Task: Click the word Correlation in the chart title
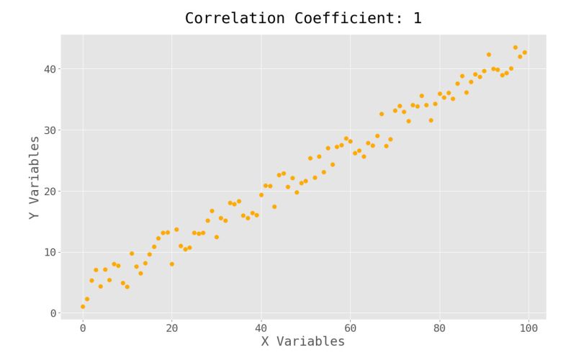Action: pyautogui.click(x=228, y=18)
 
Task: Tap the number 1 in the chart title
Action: pyautogui.click(x=418, y=18)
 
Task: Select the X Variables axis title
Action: pyautogui.click(x=302, y=341)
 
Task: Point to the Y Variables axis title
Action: pyautogui.click(x=34, y=177)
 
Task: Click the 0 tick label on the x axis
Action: pyautogui.click(x=83, y=328)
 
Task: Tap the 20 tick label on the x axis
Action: pyautogui.click(x=172, y=328)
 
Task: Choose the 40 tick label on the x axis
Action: pyautogui.click(x=261, y=328)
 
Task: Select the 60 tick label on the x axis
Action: pyautogui.click(x=350, y=328)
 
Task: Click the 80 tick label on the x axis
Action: pyautogui.click(x=439, y=328)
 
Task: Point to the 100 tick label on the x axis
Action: pyautogui.click(x=528, y=328)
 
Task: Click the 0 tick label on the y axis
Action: pyautogui.click(x=53, y=313)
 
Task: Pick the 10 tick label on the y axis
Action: pyautogui.click(x=49, y=252)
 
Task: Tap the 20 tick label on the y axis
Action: pyautogui.click(x=49, y=191)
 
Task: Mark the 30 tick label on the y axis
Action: pyautogui.click(x=49, y=130)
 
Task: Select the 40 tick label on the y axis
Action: pyautogui.click(x=49, y=69)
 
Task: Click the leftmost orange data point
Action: pyautogui.click(x=83, y=307)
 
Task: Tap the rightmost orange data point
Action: pyautogui.click(x=524, y=53)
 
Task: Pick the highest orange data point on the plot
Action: pyautogui.click(x=515, y=48)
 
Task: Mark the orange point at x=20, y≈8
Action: pyautogui.click(x=172, y=264)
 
